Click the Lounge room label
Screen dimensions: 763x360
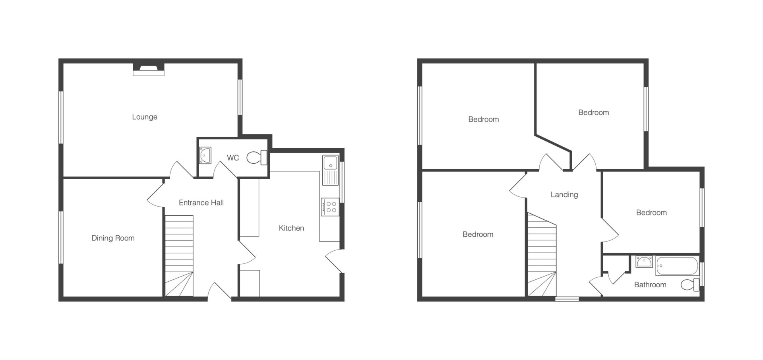click(x=145, y=117)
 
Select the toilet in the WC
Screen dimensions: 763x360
click(x=257, y=157)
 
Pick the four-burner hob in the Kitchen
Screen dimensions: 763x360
click(x=330, y=207)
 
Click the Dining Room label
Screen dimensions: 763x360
click(x=113, y=238)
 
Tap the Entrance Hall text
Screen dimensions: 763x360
click(x=201, y=203)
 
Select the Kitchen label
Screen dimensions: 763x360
click(x=291, y=228)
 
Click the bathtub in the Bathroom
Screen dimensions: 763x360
click(x=677, y=266)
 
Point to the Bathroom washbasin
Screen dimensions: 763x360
click(x=644, y=262)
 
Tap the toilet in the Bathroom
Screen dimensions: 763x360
click(x=690, y=285)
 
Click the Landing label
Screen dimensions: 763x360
click(x=564, y=195)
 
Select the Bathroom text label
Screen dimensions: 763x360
click(x=650, y=285)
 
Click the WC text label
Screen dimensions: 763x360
click(x=233, y=158)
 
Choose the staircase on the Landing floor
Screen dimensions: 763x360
click(x=542, y=254)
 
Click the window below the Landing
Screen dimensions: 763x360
click(x=567, y=299)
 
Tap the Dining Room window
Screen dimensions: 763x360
click(x=61, y=237)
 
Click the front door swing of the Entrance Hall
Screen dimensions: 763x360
click(x=219, y=291)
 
